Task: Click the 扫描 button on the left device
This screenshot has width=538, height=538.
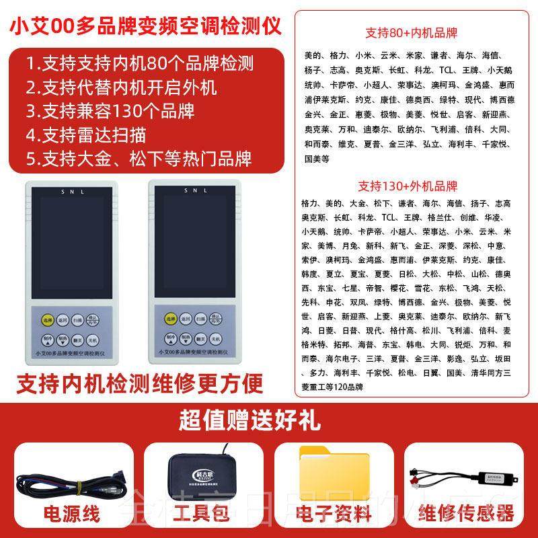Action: click(x=78, y=321)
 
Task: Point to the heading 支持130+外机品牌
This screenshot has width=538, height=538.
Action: click(x=408, y=186)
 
